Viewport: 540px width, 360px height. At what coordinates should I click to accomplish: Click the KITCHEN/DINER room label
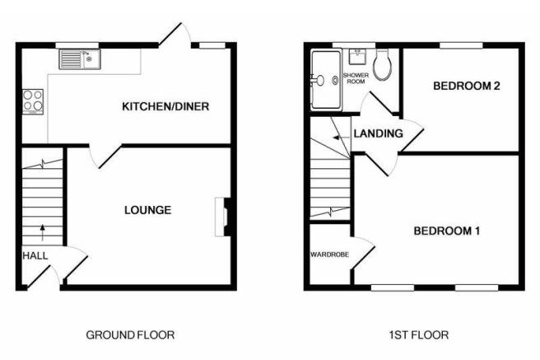[x=165, y=106]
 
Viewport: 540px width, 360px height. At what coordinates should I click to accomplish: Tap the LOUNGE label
[x=147, y=210]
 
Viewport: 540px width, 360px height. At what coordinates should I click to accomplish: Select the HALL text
[x=35, y=255]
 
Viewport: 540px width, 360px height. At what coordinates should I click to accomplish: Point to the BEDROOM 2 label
[x=466, y=86]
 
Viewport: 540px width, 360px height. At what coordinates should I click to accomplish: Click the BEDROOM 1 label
[x=447, y=231]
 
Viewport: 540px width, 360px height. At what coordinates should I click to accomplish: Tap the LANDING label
[x=378, y=133]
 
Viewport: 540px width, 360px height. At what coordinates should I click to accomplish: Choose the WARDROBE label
[x=329, y=255]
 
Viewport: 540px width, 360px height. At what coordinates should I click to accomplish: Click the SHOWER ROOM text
[x=356, y=78]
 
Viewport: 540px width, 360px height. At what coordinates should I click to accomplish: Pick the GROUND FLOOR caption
[x=130, y=334]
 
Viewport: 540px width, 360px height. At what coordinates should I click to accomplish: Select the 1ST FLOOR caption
[x=419, y=334]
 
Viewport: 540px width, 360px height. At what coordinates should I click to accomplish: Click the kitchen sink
[x=80, y=59]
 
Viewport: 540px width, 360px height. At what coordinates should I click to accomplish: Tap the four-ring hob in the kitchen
[x=33, y=102]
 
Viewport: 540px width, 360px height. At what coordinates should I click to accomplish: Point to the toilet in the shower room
[x=382, y=65]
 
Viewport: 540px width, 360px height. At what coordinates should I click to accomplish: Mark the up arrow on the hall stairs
[x=42, y=232]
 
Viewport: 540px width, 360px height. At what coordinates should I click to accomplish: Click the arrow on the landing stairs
[x=340, y=138]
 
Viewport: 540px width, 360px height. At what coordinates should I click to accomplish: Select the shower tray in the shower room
[x=326, y=80]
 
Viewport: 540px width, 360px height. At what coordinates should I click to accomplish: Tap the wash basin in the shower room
[x=357, y=57]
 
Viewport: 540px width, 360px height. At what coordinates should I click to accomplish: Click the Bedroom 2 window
[x=461, y=45]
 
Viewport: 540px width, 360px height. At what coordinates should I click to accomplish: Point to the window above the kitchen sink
[x=77, y=45]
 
